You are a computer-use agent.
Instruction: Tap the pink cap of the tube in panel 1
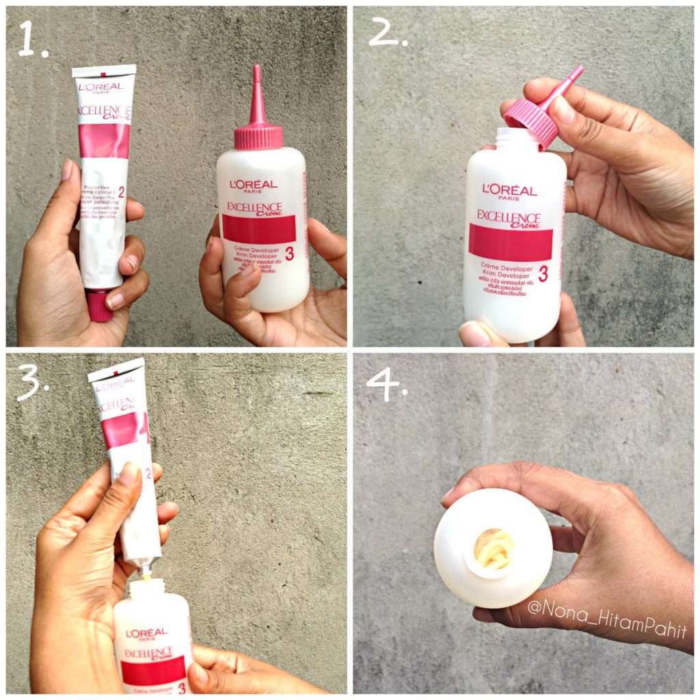pyautogui.click(x=100, y=306)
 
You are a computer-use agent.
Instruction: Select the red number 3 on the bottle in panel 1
pyautogui.click(x=289, y=254)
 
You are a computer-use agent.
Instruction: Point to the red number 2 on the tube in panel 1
pyautogui.click(x=121, y=192)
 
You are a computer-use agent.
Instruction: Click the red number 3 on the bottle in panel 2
pyautogui.click(x=543, y=273)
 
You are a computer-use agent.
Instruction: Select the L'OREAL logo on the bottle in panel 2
pyautogui.click(x=509, y=189)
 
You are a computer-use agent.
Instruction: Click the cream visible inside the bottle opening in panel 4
pyautogui.click(x=494, y=548)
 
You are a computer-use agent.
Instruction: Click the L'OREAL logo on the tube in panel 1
pyautogui.click(x=101, y=86)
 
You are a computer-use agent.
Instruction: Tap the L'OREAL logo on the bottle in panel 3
pyautogui.click(x=147, y=632)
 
